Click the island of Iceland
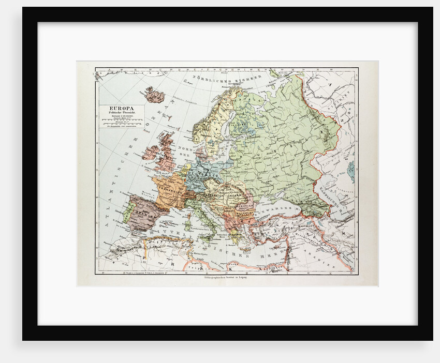(x=154, y=94)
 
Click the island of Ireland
(x=152, y=153)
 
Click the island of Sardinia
(x=187, y=224)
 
